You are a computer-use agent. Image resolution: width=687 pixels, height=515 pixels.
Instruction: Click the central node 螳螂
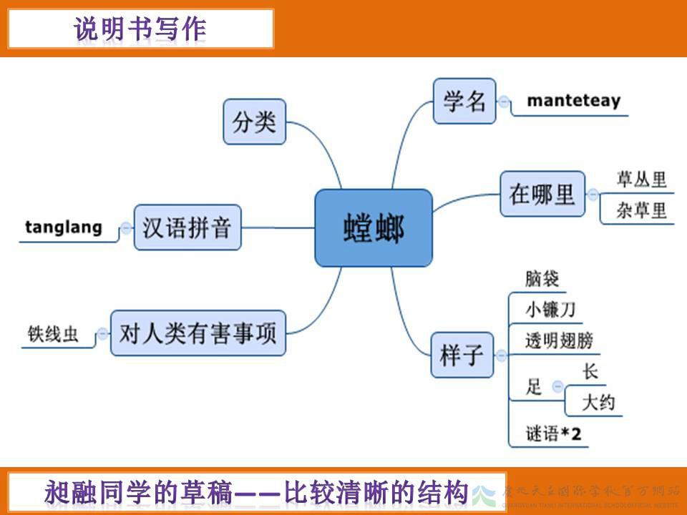click(374, 228)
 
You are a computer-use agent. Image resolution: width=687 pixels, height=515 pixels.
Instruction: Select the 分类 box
click(254, 122)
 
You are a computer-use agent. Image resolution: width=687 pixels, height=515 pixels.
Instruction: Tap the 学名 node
click(464, 101)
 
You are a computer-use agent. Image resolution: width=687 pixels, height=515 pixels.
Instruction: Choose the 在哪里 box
click(542, 193)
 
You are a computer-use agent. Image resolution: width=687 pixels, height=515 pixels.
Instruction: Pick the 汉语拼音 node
click(187, 227)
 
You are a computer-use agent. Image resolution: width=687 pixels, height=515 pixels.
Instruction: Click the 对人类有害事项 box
click(198, 333)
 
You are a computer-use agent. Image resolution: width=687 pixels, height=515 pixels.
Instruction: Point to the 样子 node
click(462, 355)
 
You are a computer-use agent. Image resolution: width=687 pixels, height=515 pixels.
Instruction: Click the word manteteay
click(573, 101)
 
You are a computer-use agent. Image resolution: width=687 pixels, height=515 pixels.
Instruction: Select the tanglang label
click(64, 227)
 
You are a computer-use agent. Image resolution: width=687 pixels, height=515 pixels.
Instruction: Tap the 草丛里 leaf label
click(641, 180)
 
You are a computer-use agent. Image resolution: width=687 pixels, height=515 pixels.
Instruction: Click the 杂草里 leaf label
click(641, 210)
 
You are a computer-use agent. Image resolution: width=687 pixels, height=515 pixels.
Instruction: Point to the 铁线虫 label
click(54, 333)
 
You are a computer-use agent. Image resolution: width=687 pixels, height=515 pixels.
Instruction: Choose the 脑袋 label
click(542, 278)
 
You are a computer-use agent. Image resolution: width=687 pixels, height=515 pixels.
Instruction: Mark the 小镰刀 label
click(550, 310)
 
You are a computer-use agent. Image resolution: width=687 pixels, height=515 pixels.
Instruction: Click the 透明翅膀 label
click(559, 340)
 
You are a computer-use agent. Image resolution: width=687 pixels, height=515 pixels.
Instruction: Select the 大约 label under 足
click(598, 403)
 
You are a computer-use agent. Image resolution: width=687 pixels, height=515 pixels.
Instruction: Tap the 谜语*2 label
click(552, 433)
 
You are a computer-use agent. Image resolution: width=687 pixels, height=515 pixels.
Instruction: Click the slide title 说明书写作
click(140, 29)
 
